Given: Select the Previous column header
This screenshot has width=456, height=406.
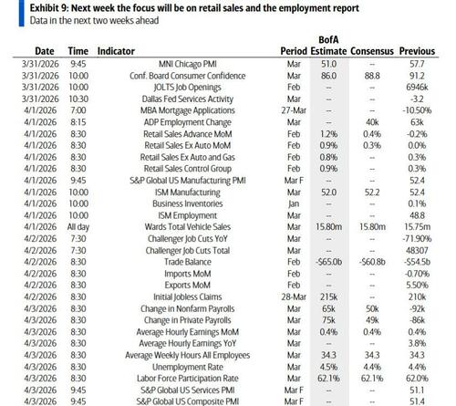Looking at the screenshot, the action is (430, 52).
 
